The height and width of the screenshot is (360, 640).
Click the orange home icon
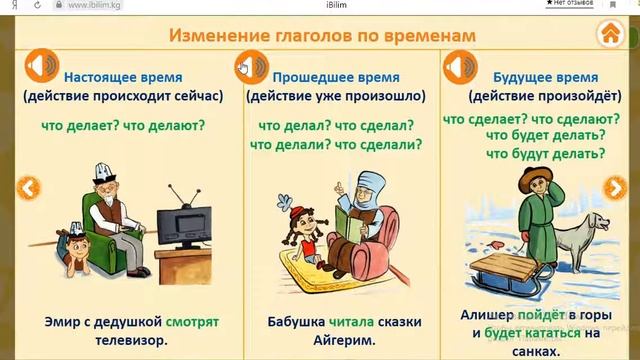609,33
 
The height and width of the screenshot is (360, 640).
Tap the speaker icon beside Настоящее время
39,67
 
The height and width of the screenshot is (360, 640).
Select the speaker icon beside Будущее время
460,67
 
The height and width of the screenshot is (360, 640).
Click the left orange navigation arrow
29,187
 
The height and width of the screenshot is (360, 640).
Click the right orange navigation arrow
617,187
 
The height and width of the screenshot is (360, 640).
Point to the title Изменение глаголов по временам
321,36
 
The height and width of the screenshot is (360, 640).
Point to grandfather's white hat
99,171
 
